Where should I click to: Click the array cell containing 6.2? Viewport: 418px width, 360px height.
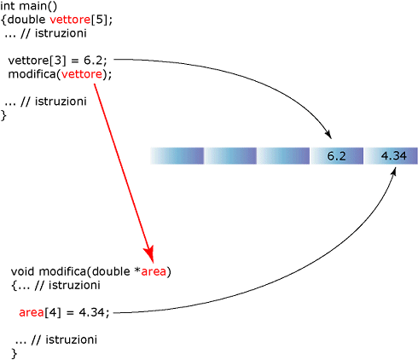[x=337, y=156]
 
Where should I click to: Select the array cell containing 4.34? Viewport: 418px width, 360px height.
[x=391, y=156]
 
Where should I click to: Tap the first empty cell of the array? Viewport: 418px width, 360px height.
[x=177, y=156]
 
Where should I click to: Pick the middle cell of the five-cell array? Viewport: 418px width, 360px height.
[x=283, y=156]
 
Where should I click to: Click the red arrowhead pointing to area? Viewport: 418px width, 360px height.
[x=149, y=253]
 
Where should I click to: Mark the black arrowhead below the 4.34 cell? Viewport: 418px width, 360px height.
[x=393, y=171]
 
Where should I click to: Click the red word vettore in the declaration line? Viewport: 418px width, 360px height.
[x=70, y=20]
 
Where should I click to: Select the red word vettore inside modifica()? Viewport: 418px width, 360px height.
[x=82, y=74]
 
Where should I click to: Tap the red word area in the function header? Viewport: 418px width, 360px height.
[x=154, y=271]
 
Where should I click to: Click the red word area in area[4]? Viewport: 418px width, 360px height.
[x=32, y=312]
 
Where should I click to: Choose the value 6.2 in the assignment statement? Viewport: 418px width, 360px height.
[x=93, y=61]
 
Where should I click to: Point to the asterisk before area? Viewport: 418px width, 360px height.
[x=137, y=270]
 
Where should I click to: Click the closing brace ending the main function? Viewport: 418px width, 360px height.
[x=3, y=115]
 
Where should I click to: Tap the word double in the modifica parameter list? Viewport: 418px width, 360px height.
[x=111, y=271]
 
